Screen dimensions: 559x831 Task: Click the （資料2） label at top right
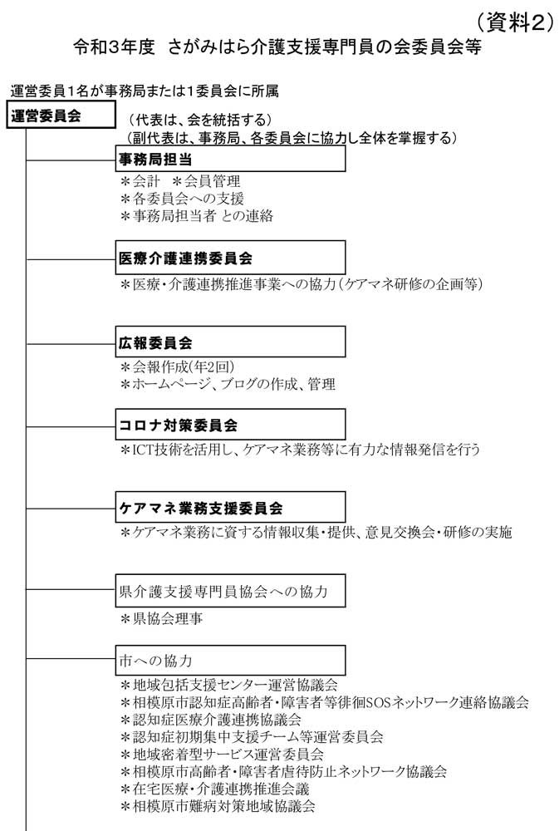(512, 22)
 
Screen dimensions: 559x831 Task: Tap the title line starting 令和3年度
(277, 47)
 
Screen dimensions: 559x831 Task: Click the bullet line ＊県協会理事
(162, 618)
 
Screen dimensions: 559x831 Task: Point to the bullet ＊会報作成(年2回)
(178, 366)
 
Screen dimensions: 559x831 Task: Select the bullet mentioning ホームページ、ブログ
(228, 384)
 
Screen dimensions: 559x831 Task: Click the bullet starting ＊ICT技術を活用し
(300, 450)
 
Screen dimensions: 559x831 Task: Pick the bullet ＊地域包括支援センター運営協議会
(229, 685)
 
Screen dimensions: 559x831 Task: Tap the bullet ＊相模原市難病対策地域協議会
(218, 807)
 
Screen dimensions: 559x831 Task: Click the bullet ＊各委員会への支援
(182, 199)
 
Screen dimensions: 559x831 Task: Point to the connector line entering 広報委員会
(71, 344)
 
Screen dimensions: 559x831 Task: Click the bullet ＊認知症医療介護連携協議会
(211, 720)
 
